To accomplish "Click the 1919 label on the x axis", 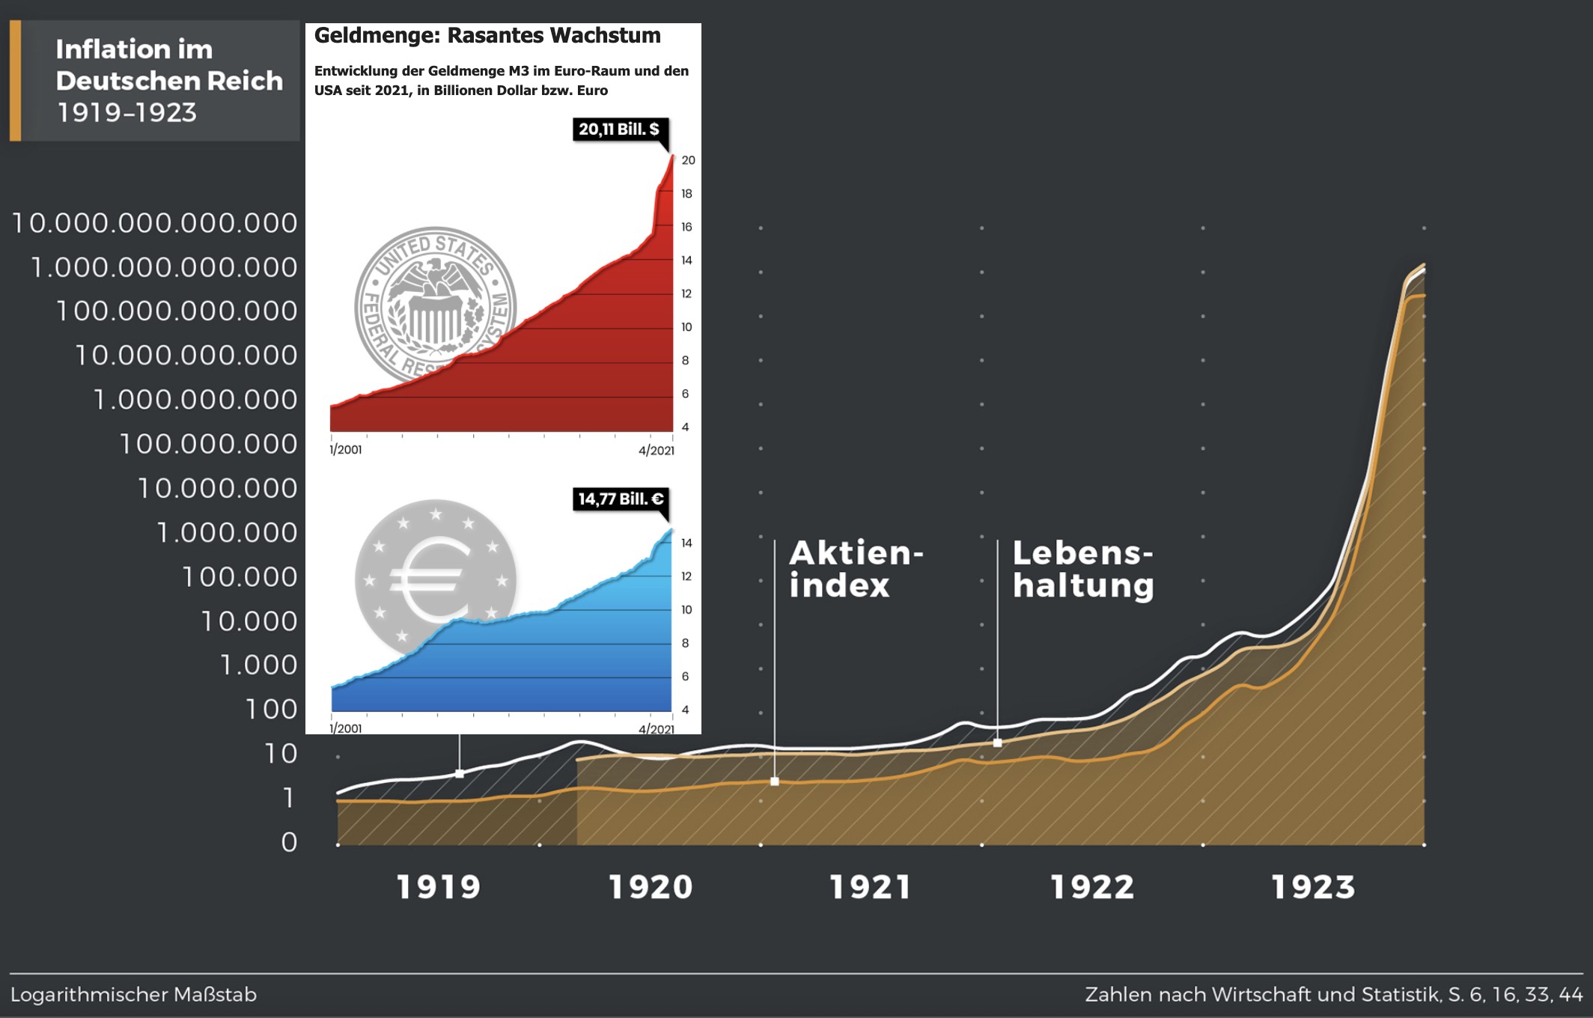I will click(x=438, y=888).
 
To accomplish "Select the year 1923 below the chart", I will click(x=1313, y=888).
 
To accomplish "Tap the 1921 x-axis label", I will click(x=870, y=888).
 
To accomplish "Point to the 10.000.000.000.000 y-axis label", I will click(x=155, y=223).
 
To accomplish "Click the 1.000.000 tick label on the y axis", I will click(x=227, y=532).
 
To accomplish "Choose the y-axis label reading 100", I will click(x=271, y=709).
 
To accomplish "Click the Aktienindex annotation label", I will click(x=856, y=569).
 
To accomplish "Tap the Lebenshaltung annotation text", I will click(x=1082, y=569).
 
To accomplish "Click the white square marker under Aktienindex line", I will click(x=775, y=781).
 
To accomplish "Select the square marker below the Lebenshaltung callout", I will click(x=997, y=743).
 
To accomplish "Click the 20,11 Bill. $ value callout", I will click(x=619, y=129).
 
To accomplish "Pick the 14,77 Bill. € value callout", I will click(x=621, y=499).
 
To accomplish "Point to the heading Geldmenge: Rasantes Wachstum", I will click(x=487, y=36).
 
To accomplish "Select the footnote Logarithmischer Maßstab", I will click(x=133, y=995).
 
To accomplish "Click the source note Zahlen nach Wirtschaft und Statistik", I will click(x=1333, y=995).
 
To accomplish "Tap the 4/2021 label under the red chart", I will click(x=656, y=451).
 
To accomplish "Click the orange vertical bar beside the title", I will click(x=15, y=81).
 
